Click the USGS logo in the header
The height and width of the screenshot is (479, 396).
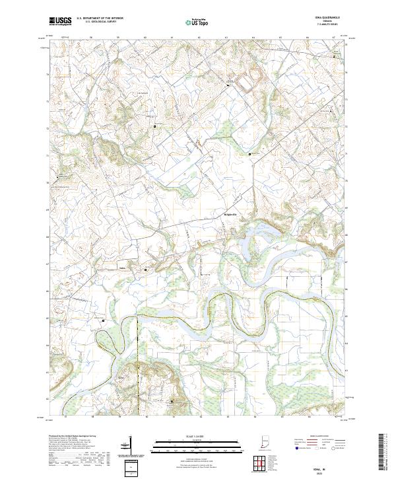click(x=60, y=21)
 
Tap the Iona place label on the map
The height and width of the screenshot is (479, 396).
click(x=121, y=268)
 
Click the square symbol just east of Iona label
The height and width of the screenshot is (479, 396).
click(x=147, y=270)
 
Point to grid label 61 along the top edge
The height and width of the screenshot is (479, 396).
click(x=172, y=38)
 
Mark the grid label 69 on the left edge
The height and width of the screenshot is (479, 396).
click(x=47, y=209)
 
